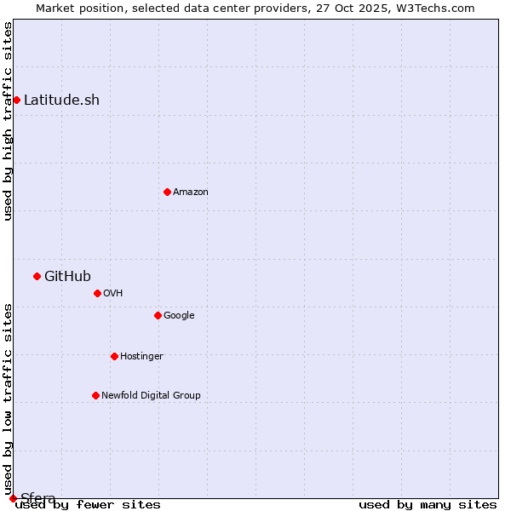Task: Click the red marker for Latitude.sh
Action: (16, 100)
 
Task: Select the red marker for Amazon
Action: (167, 192)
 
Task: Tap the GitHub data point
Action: (37, 276)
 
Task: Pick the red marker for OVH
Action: (97, 293)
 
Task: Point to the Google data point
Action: (158, 315)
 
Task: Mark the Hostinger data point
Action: (114, 356)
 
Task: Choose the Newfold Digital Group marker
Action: (95, 395)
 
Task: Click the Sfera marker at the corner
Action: (13, 498)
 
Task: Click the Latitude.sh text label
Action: (61, 100)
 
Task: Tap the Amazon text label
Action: (191, 192)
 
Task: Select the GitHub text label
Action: (67, 276)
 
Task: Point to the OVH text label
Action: (113, 293)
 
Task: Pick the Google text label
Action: (179, 315)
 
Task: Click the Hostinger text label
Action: (141, 356)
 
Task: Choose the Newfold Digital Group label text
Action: (151, 395)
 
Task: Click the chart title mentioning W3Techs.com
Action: (255, 8)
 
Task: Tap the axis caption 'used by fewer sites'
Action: (88, 505)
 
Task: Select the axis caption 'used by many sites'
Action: (428, 505)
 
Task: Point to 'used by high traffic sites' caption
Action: (9, 121)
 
